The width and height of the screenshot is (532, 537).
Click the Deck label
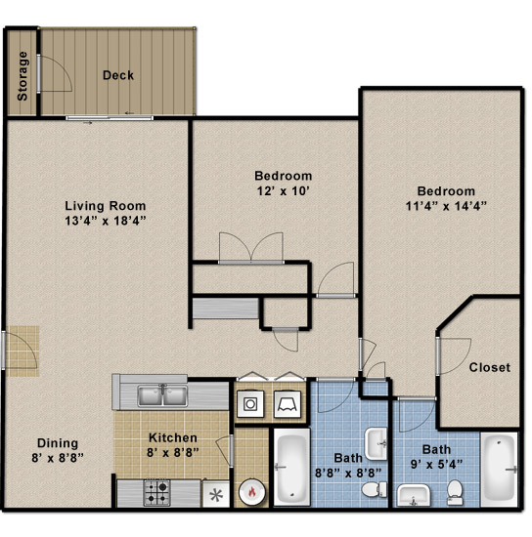pyautogui.click(x=118, y=75)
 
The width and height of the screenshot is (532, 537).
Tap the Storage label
pyautogui.click(x=22, y=76)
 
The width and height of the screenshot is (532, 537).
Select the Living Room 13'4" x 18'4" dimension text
pyautogui.click(x=106, y=221)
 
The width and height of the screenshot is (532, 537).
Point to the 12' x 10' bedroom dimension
pyautogui.click(x=284, y=191)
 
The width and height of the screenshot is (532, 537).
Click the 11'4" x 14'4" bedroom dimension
pyautogui.click(x=446, y=206)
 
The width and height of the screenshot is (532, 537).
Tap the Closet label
pyautogui.click(x=490, y=367)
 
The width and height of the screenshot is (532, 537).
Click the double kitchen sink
pyautogui.click(x=162, y=395)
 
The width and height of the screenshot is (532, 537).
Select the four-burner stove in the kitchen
pyautogui.click(x=157, y=492)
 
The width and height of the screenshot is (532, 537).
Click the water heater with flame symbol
pyautogui.click(x=251, y=492)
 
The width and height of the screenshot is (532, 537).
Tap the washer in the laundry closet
pyautogui.click(x=250, y=404)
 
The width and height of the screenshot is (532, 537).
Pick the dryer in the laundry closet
pyautogui.click(x=288, y=404)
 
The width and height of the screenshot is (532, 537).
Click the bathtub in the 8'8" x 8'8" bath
pyautogui.click(x=291, y=467)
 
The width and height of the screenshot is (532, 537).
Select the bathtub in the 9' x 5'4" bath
pyautogui.click(x=500, y=470)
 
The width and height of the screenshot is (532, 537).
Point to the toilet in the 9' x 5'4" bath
pyautogui.click(x=455, y=492)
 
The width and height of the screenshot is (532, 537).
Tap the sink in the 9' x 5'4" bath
pyautogui.click(x=414, y=495)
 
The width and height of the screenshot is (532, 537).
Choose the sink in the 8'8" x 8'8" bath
pyautogui.click(x=377, y=444)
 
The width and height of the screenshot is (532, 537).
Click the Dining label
pyautogui.click(x=58, y=443)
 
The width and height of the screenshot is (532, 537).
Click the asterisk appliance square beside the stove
pyautogui.click(x=216, y=495)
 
